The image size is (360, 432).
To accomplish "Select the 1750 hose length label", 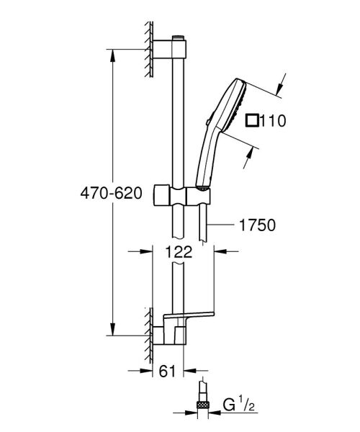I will [x=256, y=225].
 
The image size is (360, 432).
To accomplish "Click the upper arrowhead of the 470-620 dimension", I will [x=112, y=52].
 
